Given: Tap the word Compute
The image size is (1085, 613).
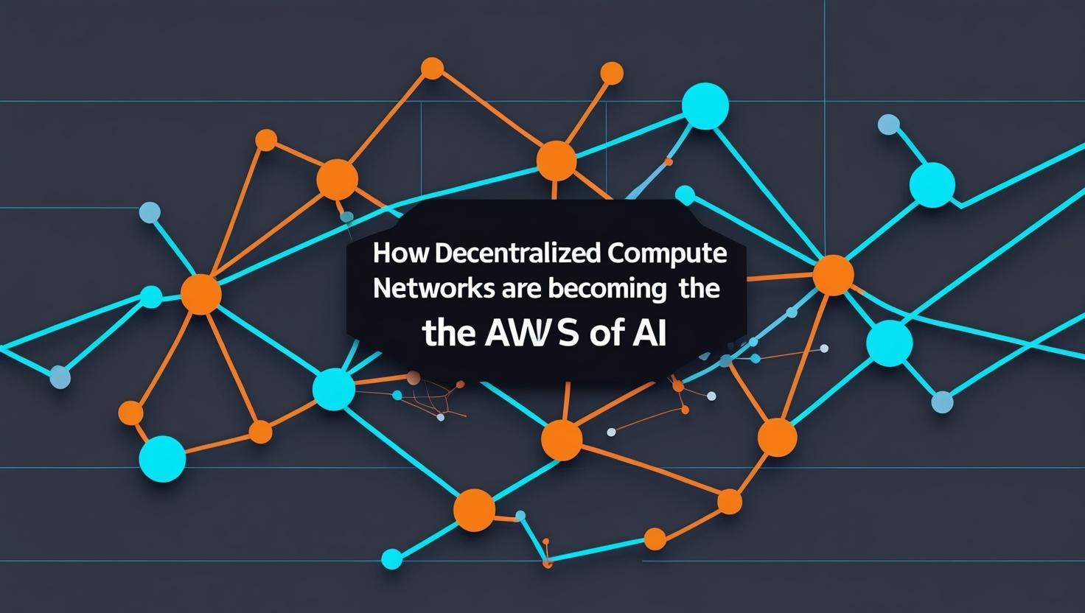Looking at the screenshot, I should [x=668, y=254].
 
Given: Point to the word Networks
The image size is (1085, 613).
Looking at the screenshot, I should [x=424, y=289].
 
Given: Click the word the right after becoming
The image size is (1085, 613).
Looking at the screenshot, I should [x=698, y=289].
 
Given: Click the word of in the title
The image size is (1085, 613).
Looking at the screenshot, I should [x=605, y=335].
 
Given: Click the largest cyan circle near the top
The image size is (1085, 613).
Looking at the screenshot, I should [x=705, y=106].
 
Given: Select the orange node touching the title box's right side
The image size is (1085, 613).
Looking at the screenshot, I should [x=833, y=275].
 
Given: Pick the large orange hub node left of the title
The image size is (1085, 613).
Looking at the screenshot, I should [x=200, y=293].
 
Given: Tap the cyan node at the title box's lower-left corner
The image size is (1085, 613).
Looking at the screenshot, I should [x=334, y=388].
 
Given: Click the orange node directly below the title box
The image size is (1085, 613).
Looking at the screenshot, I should [x=562, y=440].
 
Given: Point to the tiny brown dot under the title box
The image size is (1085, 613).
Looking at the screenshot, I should [x=414, y=377].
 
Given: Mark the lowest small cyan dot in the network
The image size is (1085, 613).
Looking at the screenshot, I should [x=392, y=559].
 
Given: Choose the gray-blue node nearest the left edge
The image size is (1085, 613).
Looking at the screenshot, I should [x=60, y=377].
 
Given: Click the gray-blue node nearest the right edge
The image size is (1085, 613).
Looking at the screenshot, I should [x=942, y=402].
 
